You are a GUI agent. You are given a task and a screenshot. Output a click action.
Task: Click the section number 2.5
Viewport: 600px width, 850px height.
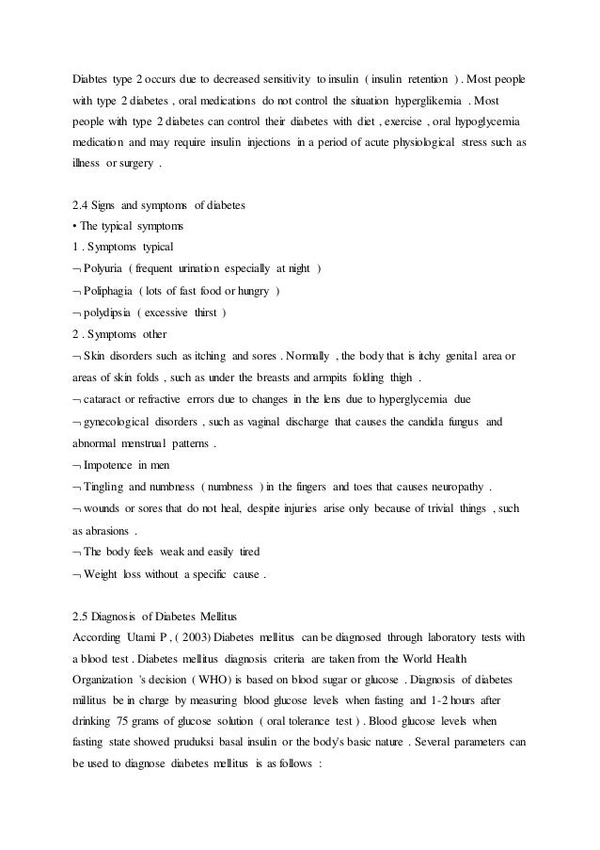point(82,613)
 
